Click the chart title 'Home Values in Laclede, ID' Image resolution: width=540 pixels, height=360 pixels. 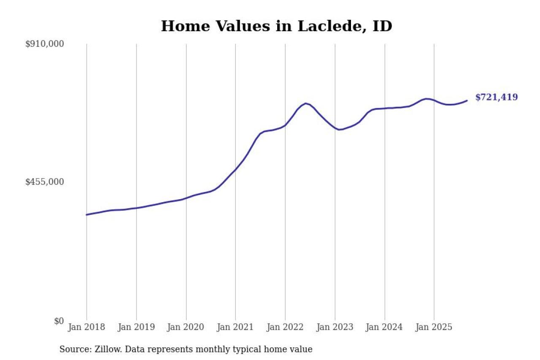276,26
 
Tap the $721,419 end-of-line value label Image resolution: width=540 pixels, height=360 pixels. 496,97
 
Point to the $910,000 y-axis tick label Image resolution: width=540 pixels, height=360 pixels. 45,44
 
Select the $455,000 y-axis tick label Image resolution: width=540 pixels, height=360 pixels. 45,182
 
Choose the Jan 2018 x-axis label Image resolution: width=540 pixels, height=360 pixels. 86,327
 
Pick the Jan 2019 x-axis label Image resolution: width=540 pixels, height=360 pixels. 136,327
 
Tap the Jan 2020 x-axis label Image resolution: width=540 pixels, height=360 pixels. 186,327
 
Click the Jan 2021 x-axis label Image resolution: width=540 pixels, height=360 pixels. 235,327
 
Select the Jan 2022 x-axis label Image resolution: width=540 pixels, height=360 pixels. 285,327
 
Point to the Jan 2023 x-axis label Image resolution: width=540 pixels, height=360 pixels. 335,327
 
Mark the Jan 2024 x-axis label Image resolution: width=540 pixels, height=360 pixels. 384,327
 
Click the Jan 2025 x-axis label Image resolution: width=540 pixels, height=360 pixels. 434,327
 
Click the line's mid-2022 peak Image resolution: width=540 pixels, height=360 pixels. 306,103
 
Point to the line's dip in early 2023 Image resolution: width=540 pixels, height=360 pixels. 340,130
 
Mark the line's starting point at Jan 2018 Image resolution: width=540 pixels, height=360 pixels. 86,215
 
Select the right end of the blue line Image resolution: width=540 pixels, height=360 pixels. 467,100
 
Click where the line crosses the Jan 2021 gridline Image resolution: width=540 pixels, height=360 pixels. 235,169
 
